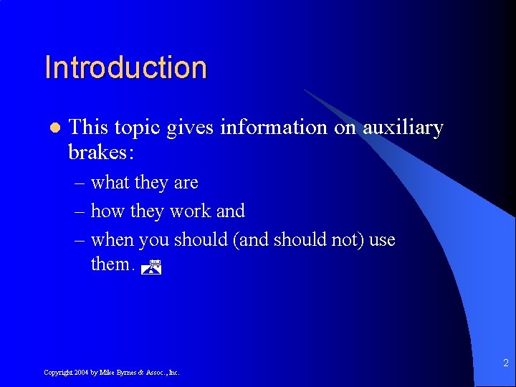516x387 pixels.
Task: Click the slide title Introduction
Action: coord(125,67)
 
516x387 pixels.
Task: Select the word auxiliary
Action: coord(403,128)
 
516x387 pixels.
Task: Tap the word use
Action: coord(382,240)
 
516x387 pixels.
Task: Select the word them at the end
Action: coord(111,264)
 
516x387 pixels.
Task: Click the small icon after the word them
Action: coord(150,267)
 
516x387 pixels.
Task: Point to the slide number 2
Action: coord(505,363)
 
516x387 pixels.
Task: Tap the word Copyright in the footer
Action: coord(58,373)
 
